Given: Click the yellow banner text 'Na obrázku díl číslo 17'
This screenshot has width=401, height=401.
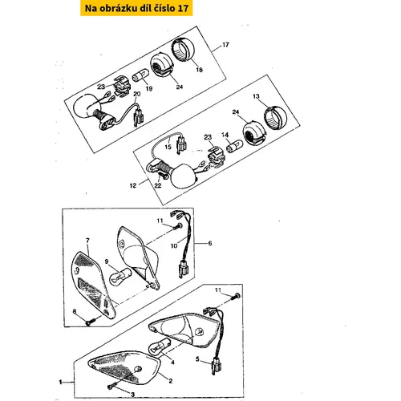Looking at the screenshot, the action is pyautogui.click(x=136, y=8).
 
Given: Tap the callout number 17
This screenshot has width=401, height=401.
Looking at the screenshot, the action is pyautogui.click(x=225, y=45).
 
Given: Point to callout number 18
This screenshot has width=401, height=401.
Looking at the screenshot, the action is pyautogui.click(x=199, y=70).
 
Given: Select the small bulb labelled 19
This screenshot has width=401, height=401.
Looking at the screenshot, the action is pyautogui.click(x=140, y=75).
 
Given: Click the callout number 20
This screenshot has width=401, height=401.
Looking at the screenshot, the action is pyautogui.click(x=137, y=94).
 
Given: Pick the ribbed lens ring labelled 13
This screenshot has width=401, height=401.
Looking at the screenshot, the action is pyautogui.click(x=275, y=118).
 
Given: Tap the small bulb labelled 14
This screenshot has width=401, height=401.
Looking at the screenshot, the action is pyautogui.click(x=234, y=146).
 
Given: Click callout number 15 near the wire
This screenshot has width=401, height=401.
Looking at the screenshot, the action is pyautogui.click(x=168, y=147).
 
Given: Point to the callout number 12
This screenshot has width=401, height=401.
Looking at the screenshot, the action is pyautogui.click(x=133, y=185).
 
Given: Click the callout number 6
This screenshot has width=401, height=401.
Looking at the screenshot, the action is pyautogui.click(x=210, y=243).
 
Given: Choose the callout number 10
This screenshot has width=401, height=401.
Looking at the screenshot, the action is pyautogui.click(x=174, y=245).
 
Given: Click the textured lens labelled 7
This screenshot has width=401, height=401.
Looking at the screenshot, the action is pyautogui.click(x=92, y=285).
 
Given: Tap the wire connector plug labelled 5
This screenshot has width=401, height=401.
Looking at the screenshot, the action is pyautogui.click(x=217, y=367).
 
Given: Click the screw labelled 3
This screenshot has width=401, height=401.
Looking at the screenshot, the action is pyautogui.click(x=112, y=385).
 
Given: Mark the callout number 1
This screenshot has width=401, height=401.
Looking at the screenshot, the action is pyautogui.click(x=60, y=383).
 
